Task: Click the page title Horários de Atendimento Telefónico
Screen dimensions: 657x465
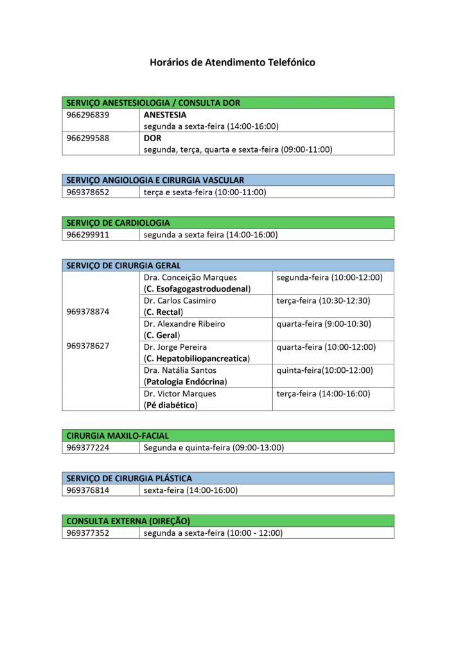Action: (232, 63)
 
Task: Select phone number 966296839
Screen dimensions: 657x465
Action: (87, 115)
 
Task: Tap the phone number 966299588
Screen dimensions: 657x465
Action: (87, 138)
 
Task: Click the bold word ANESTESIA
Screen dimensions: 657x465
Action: (165, 115)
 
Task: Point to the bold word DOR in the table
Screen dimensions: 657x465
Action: (152, 138)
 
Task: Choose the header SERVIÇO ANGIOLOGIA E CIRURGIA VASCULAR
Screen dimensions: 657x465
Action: (155, 180)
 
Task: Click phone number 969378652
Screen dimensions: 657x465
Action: (87, 192)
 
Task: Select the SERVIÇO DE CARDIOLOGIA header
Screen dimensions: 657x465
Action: (118, 223)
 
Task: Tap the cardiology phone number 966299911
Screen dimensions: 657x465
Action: (87, 235)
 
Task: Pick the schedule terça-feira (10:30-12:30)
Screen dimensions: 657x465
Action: (323, 300)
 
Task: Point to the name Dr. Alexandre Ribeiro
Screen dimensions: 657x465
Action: (184, 324)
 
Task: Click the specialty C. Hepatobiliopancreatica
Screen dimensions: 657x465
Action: (197, 359)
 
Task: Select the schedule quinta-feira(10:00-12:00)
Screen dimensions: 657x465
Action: (324, 370)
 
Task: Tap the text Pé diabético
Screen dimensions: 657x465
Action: (171, 405)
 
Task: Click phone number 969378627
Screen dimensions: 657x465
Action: (87, 346)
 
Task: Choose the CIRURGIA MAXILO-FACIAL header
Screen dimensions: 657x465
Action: (118, 436)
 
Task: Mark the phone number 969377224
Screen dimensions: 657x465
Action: (87, 448)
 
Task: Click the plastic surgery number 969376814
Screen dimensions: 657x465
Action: (87, 490)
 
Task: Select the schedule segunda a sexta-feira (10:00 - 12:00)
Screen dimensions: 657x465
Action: (213, 533)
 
